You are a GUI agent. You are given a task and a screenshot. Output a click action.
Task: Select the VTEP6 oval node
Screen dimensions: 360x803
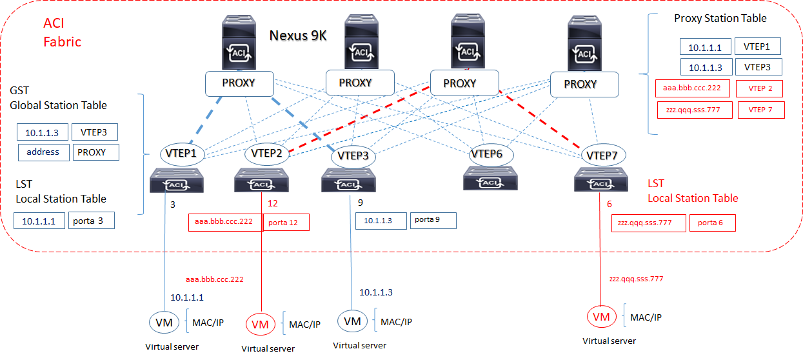[x=492, y=154]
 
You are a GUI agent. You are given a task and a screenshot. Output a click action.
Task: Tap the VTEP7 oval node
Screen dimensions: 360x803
[x=604, y=155]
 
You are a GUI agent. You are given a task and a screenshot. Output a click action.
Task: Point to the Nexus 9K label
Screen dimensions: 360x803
[x=297, y=35]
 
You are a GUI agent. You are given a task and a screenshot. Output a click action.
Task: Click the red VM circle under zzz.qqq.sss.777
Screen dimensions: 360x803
[x=601, y=317]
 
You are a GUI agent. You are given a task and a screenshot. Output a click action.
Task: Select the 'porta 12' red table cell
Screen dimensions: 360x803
[x=286, y=223]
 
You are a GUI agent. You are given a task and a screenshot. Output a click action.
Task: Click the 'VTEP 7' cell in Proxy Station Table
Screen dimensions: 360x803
[x=761, y=110]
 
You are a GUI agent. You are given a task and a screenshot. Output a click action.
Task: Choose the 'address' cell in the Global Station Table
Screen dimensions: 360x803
[x=43, y=152]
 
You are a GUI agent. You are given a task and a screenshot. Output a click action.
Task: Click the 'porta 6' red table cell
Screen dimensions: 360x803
[x=712, y=223]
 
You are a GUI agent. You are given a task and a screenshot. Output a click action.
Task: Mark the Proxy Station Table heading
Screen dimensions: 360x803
[x=720, y=19]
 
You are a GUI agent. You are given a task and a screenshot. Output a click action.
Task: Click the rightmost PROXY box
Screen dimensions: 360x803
[x=584, y=84]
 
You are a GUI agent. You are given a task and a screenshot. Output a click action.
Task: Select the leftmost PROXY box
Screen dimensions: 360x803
[x=239, y=83]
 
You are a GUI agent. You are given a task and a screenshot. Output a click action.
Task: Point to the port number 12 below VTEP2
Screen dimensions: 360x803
[x=272, y=203]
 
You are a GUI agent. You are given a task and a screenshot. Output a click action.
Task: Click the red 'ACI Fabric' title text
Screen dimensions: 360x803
[x=62, y=33]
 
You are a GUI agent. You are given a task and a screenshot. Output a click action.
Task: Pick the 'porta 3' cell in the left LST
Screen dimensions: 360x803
[x=91, y=221]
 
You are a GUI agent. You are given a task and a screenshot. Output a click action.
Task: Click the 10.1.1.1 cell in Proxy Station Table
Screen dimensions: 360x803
[x=705, y=46]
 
